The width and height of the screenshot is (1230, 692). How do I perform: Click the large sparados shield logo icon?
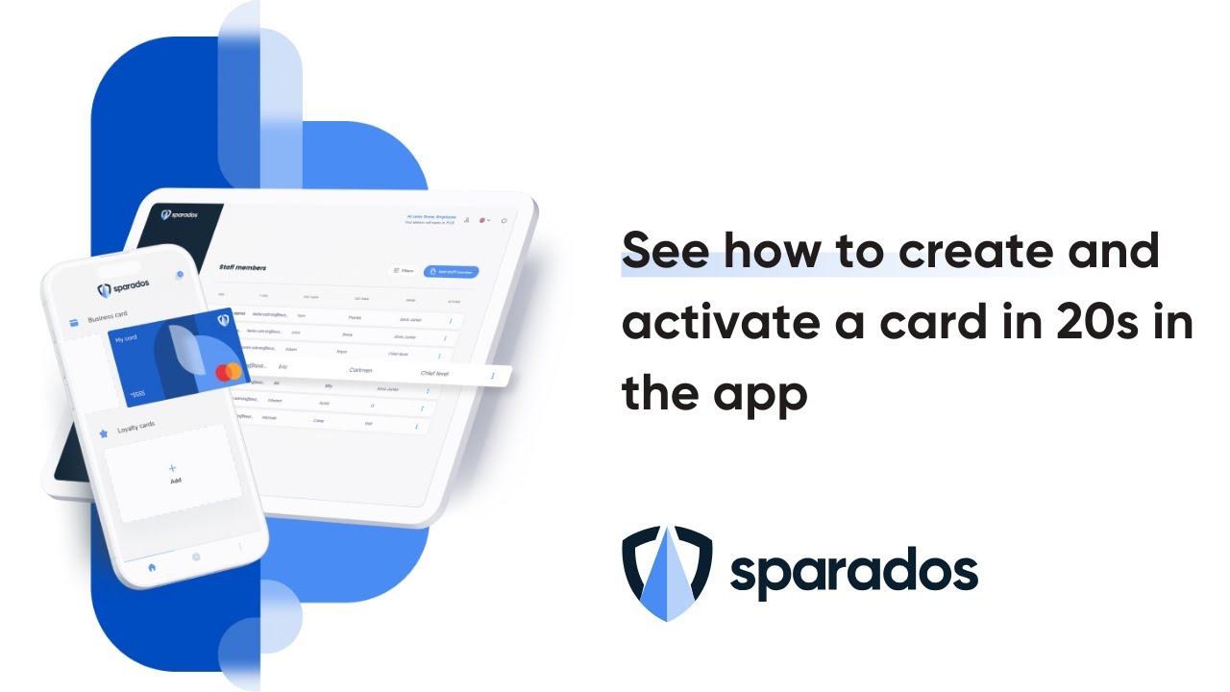(x=667, y=573)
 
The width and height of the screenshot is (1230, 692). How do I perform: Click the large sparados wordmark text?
(x=853, y=574)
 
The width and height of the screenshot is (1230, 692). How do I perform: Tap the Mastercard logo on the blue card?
(x=228, y=372)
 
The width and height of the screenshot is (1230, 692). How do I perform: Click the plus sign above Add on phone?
(x=173, y=468)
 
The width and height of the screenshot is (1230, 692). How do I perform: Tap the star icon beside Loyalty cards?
(x=103, y=433)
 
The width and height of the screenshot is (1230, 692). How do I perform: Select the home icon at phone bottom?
(x=151, y=567)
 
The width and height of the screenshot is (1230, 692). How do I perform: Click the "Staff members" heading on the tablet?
(x=242, y=267)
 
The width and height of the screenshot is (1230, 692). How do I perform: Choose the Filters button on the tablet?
(x=402, y=272)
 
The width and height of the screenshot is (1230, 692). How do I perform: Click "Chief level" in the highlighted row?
(x=441, y=373)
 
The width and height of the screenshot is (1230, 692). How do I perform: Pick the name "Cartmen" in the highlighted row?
(x=360, y=369)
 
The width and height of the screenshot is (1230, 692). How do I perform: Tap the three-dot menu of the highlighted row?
(x=493, y=376)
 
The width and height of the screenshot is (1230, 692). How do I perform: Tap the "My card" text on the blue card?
(x=127, y=339)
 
